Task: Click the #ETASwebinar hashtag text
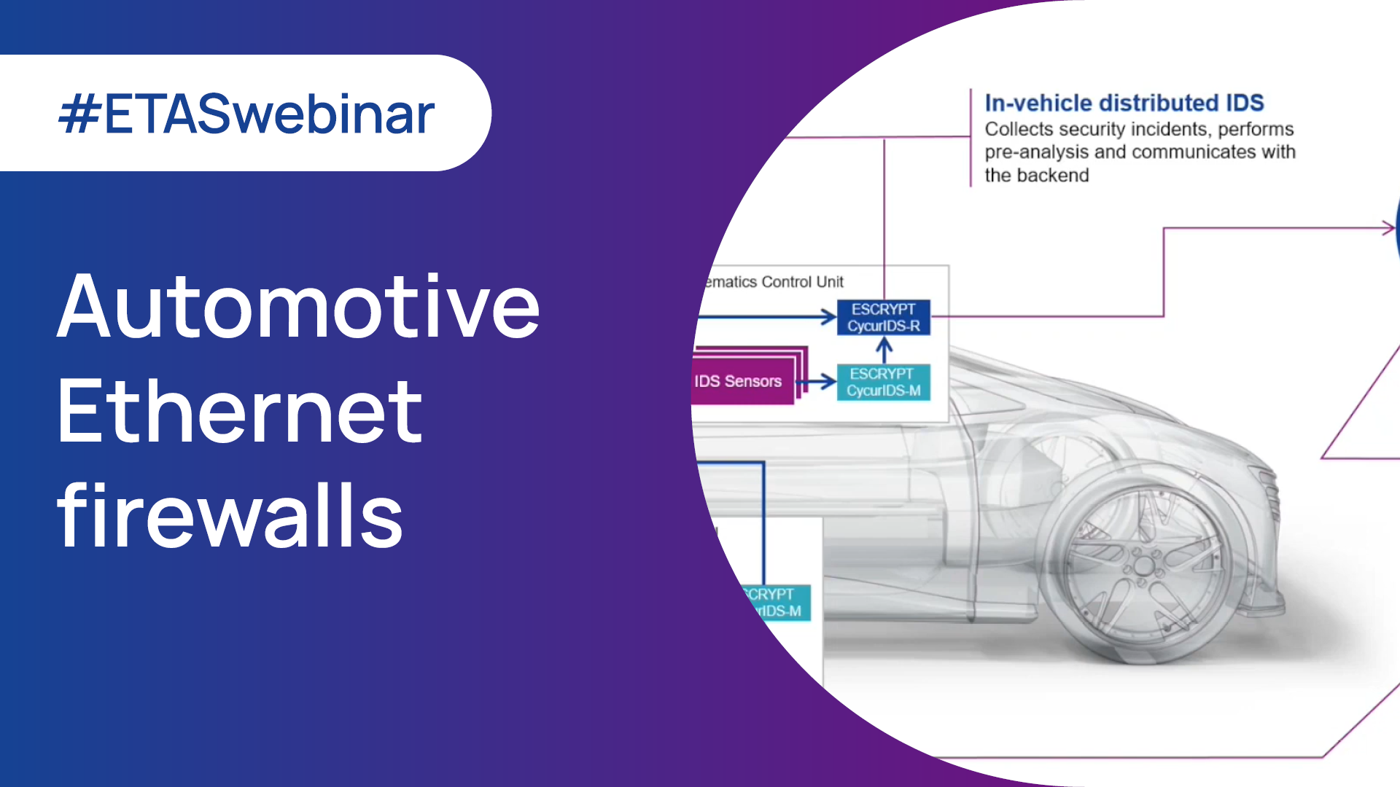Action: pyautogui.click(x=246, y=114)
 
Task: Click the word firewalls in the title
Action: pyautogui.click(x=230, y=516)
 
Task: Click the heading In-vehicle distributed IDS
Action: pyautogui.click(x=1124, y=103)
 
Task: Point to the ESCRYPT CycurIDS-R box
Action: pyautogui.click(x=883, y=318)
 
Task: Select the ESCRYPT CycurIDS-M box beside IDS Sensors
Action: pyautogui.click(x=883, y=382)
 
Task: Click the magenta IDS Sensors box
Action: pyautogui.click(x=740, y=381)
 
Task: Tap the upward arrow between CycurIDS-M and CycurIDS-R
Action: pyautogui.click(x=884, y=351)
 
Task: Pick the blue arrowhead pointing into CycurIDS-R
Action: pyautogui.click(x=829, y=317)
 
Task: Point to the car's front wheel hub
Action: pyautogui.click(x=1143, y=566)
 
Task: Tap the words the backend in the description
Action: pyautogui.click(x=1036, y=176)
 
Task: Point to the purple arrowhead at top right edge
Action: pyautogui.click(x=1388, y=228)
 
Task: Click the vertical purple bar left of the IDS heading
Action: pyautogui.click(x=971, y=138)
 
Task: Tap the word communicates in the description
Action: pyautogui.click(x=1194, y=152)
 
